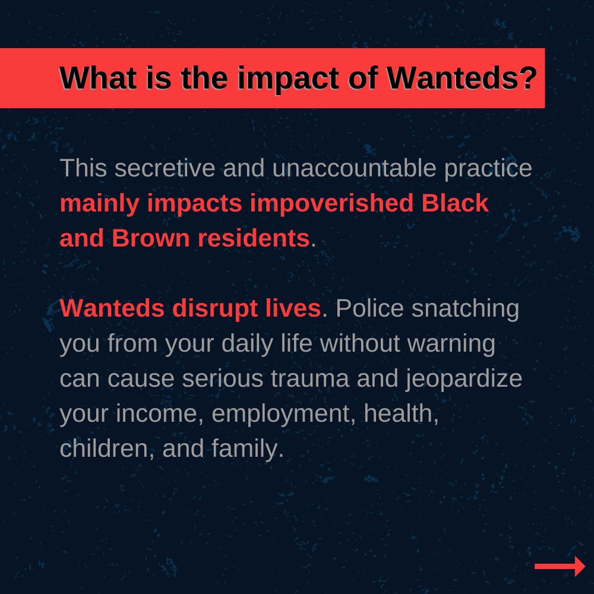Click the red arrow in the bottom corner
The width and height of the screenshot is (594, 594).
(560, 566)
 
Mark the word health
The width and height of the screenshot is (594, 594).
(401, 414)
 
